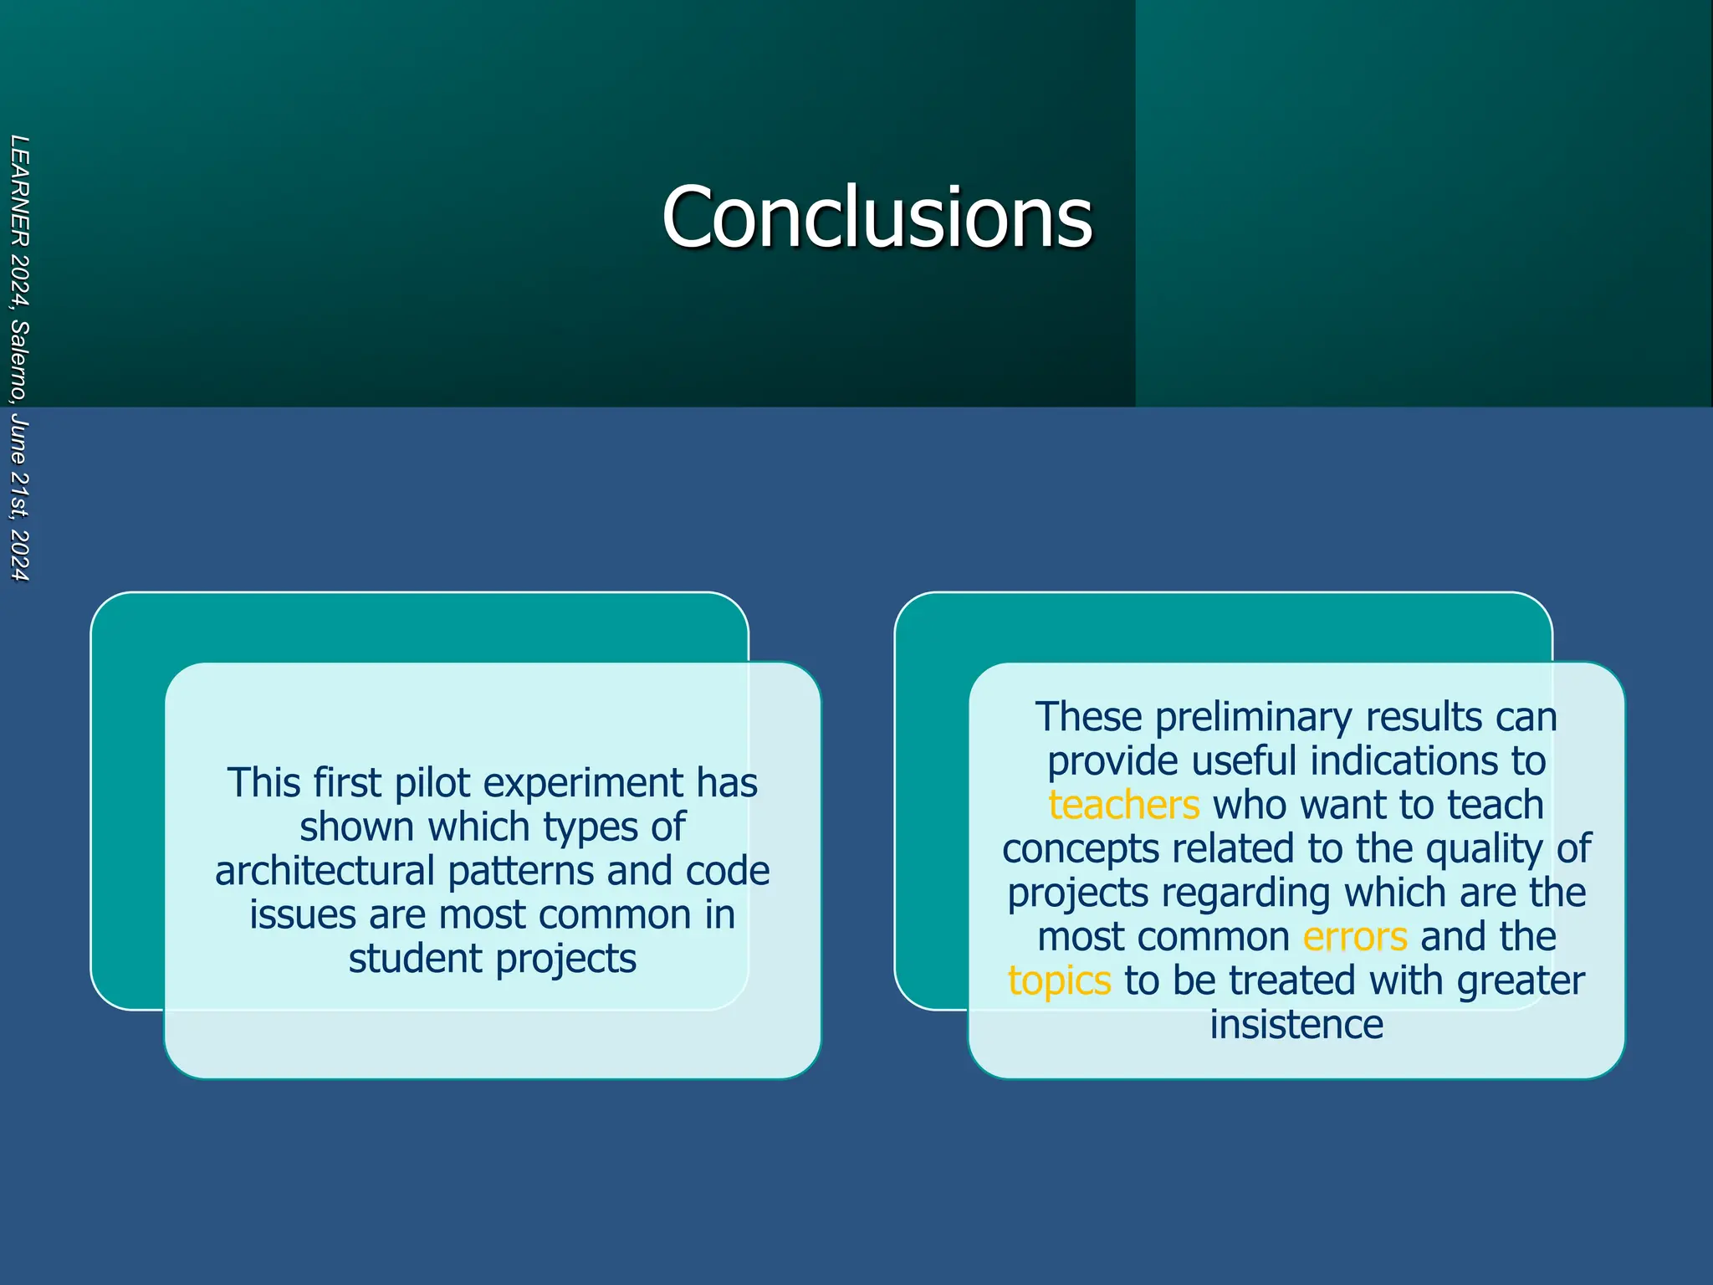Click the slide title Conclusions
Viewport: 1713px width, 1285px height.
[x=877, y=217]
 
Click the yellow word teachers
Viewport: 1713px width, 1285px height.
[x=1123, y=805]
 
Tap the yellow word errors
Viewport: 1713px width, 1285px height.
[x=1355, y=936]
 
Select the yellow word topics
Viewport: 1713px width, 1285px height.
[x=1059, y=980]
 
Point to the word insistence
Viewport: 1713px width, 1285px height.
[x=1296, y=1024]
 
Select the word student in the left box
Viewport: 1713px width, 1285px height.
[x=416, y=959]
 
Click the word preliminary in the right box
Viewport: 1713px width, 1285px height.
[x=1254, y=717]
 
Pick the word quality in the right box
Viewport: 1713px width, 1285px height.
[x=1485, y=849]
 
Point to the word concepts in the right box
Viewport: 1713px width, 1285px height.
[x=1080, y=849]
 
